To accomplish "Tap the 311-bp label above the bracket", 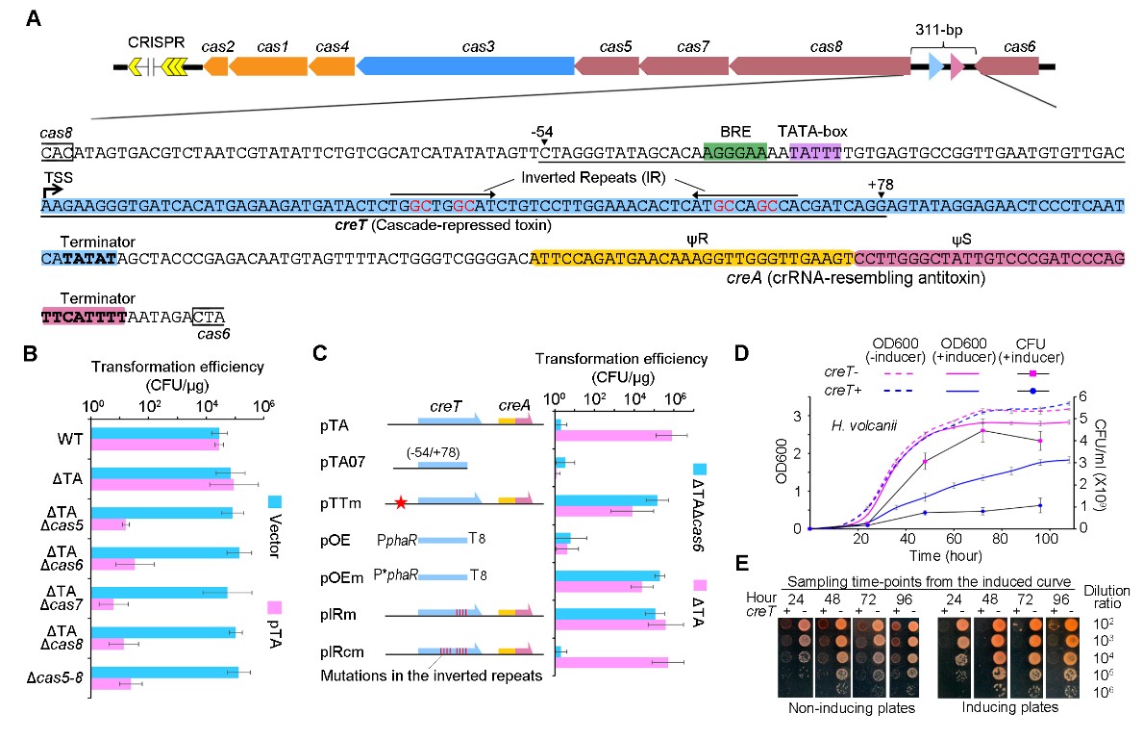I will pos(942,29).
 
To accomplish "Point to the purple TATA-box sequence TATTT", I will pos(814,153).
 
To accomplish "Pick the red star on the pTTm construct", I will pos(401,502).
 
